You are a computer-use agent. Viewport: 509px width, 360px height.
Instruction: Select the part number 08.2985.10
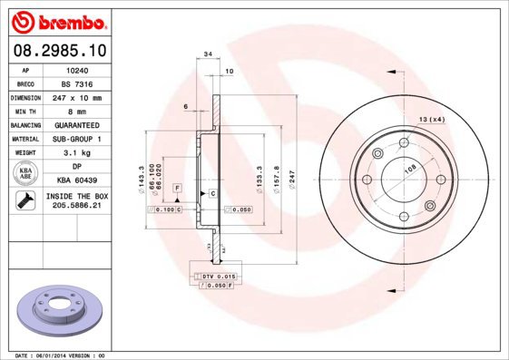coord(61,53)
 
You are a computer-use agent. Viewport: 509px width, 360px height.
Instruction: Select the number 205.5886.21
coord(77,206)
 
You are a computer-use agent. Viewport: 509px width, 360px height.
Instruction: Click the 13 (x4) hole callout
coord(432,120)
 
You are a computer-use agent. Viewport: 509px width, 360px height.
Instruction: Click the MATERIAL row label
coord(26,139)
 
